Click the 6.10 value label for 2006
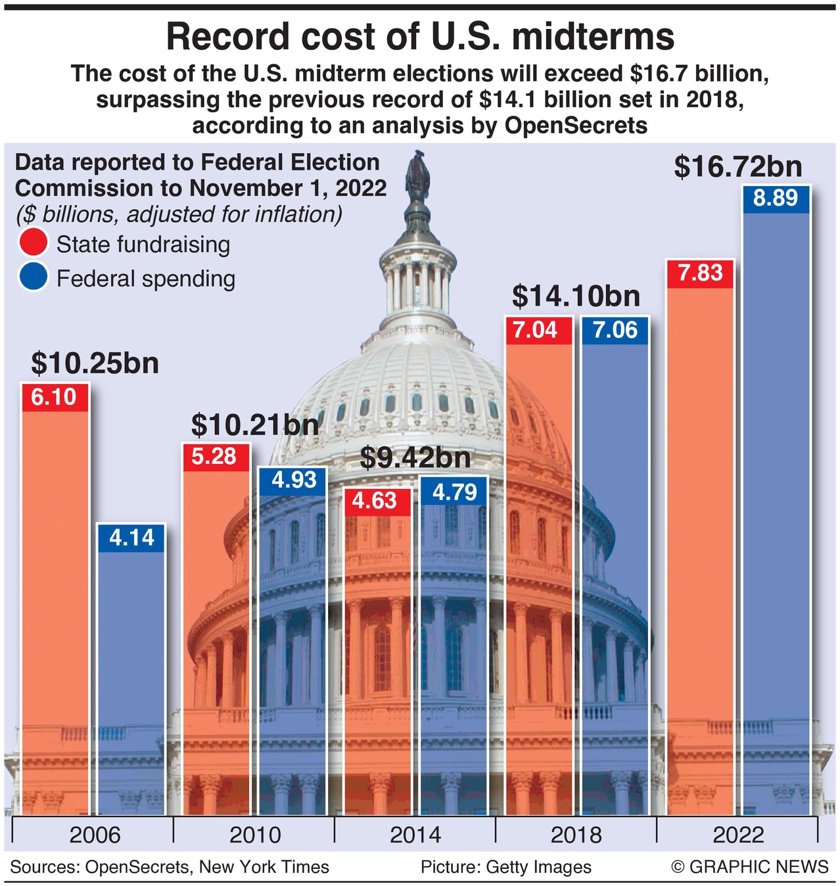[54, 397]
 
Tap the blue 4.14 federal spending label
[131, 538]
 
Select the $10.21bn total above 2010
[255, 425]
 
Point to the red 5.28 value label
[214, 456]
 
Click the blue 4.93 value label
[294, 480]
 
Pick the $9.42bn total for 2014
[415, 458]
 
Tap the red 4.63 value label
[375, 501]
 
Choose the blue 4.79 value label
[455, 492]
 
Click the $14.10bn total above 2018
[576, 296]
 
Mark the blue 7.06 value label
[615, 330]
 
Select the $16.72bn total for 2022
[738, 167]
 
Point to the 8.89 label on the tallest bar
[776, 198]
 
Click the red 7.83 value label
[700, 273]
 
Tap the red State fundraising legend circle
[34, 243]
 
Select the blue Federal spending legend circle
[34, 277]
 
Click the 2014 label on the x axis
[415, 835]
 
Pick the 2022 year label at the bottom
[737, 835]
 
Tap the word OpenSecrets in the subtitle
[576, 125]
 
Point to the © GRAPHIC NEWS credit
[749, 867]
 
